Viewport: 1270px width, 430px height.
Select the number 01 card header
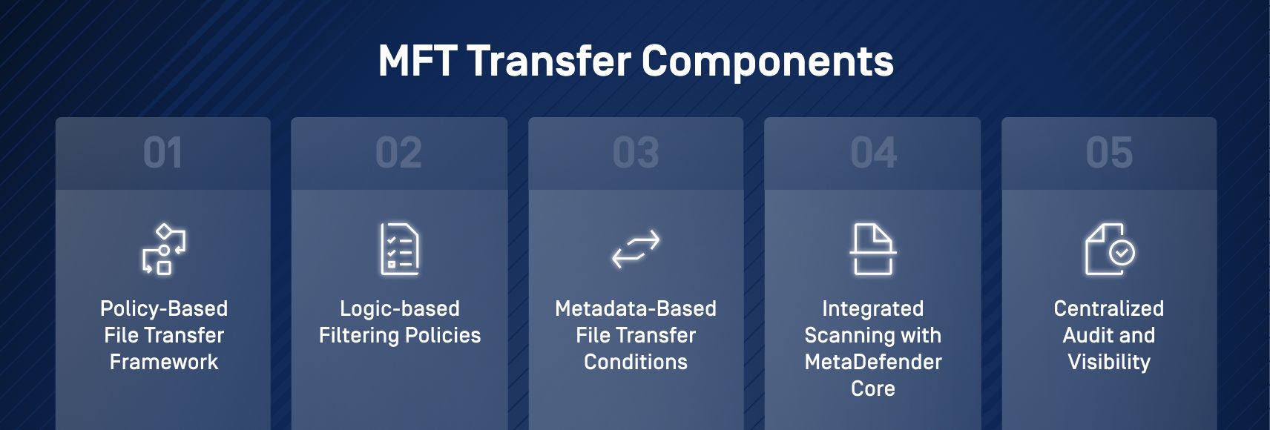[162, 153]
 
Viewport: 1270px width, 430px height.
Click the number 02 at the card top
[398, 153]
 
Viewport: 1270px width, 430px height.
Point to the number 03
[636, 153]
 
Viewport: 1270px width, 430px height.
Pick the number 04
[873, 153]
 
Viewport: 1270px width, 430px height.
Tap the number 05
[1109, 153]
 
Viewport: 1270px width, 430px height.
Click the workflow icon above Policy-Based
[164, 249]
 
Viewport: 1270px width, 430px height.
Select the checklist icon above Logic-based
[399, 249]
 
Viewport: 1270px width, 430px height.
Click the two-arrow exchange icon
[636, 249]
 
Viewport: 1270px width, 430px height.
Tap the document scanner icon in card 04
[873, 249]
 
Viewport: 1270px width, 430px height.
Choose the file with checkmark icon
[1109, 249]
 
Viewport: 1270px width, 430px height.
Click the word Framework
[164, 362]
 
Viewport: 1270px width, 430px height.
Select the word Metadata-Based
[636, 308]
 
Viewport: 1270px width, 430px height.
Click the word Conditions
[636, 362]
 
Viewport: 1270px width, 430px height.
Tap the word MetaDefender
[873, 362]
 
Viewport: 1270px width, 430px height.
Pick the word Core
[873, 388]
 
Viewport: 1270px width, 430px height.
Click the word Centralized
[1109, 308]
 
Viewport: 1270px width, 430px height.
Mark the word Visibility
[1109, 362]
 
